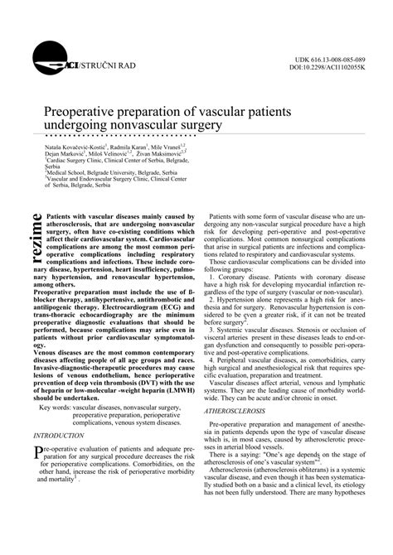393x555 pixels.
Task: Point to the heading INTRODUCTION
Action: (58, 434)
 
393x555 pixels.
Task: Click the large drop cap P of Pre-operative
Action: (36, 451)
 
